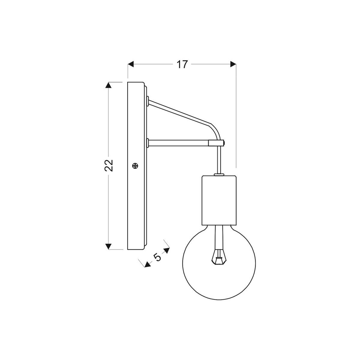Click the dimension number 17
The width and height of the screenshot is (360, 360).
[182, 64]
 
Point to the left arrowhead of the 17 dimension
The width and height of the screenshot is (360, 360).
[131, 64]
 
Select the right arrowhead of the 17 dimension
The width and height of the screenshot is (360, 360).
[233, 64]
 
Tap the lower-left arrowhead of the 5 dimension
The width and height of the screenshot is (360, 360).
[147, 264]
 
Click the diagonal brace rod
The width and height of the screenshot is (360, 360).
[180, 112]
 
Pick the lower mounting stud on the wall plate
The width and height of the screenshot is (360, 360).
[148, 143]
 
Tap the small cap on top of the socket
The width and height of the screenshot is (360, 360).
[219, 174]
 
